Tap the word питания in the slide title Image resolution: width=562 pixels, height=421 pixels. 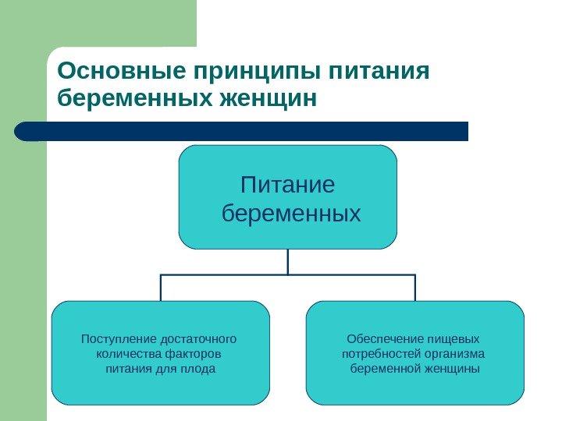click(380, 73)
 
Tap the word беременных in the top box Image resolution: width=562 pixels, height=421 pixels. click(291, 213)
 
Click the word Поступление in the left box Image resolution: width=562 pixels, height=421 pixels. click(118, 339)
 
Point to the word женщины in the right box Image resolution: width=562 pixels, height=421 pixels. click(454, 367)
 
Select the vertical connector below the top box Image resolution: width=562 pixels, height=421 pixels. click(288, 261)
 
